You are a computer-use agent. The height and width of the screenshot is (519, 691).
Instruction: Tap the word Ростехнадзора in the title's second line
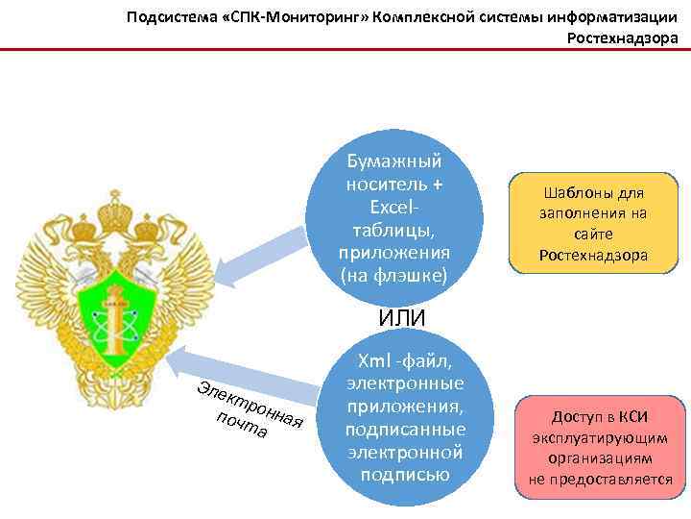coord(623,37)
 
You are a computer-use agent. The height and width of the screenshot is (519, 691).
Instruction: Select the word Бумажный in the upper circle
coord(393,161)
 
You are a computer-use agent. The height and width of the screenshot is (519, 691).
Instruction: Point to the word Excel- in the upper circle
coord(393,207)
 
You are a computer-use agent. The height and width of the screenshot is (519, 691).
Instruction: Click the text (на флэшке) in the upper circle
coord(393,276)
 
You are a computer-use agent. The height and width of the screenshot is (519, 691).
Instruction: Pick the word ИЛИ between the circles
coord(402,317)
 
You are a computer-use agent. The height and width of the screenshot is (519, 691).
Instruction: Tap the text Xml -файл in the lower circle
coord(404,360)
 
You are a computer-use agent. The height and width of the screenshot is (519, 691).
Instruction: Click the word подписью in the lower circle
coord(404,474)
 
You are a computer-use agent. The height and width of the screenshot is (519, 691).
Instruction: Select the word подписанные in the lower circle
coord(404,429)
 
